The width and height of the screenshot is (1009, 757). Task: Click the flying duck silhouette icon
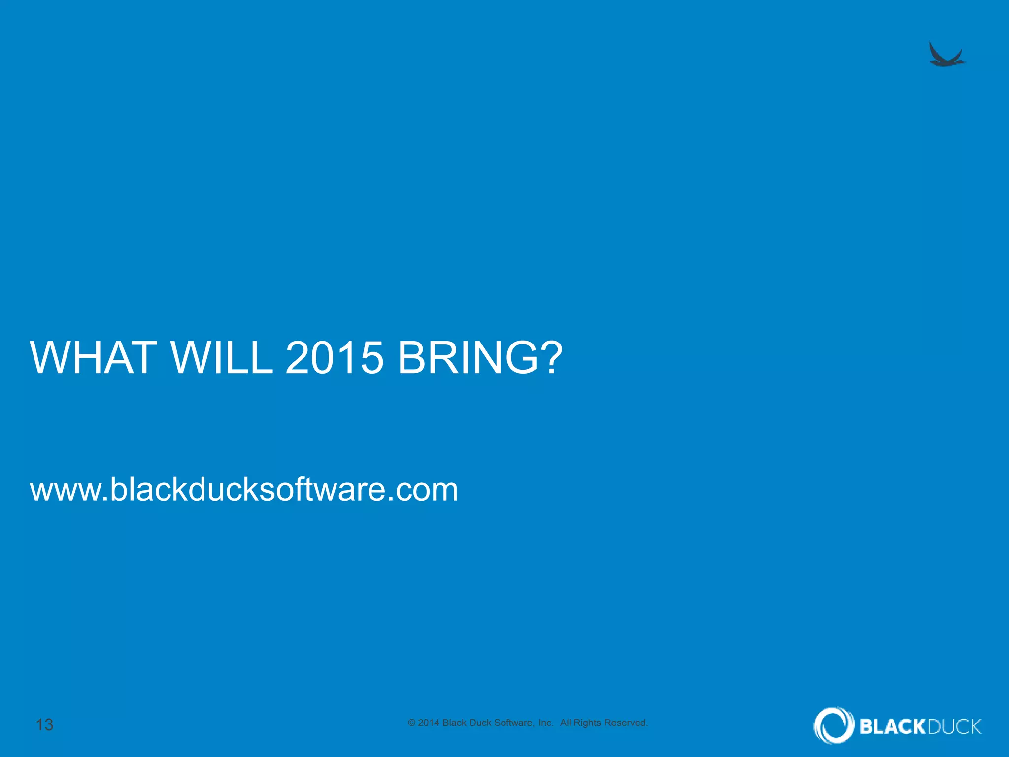(x=946, y=55)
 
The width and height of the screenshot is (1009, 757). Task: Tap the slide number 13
(x=45, y=724)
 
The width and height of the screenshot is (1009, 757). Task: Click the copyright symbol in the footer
(x=412, y=723)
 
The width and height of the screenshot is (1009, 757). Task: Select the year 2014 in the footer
(x=428, y=723)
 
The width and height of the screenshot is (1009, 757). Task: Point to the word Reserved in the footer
(x=626, y=723)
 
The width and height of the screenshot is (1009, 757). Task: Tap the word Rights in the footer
(x=587, y=723)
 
